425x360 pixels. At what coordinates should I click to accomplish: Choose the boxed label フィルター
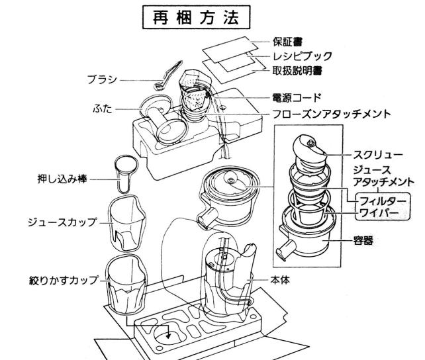click(383, 199)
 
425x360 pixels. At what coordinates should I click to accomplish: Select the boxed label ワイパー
click(379, 212)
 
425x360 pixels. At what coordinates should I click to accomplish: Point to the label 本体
click(278, 280)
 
